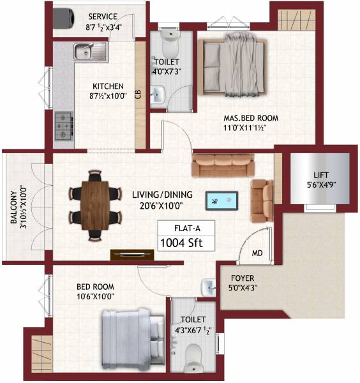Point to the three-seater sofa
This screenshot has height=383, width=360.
[223, 167]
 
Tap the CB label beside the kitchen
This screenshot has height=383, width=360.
[138, 94]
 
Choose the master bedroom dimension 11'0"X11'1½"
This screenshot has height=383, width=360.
[253, 128]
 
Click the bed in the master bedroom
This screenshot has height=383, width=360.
[232, 64]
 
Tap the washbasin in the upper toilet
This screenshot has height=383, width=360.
[158, 96]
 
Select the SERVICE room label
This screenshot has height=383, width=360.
[103, 15]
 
